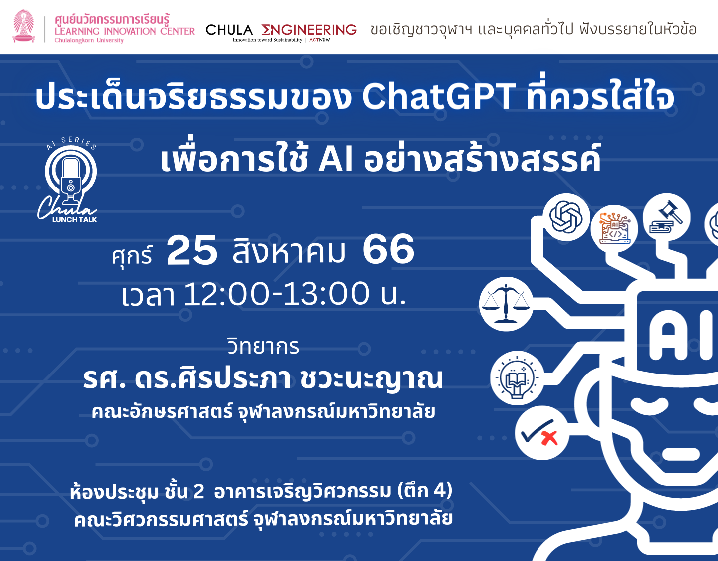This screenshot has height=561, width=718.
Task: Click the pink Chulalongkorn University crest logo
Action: point(23,26)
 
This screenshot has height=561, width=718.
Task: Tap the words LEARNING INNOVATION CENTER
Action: point(125,31)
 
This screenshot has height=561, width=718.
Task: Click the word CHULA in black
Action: point(229,30)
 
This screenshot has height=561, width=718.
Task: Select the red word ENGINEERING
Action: point(309,30)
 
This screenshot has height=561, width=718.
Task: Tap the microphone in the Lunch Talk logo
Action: point(71,180)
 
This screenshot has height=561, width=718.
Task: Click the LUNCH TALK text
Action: point(75,220)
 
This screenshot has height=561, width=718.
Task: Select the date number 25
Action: point(192,250)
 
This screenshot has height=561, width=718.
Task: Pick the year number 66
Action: point(388,249)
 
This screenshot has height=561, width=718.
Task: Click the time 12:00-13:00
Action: point(276,293)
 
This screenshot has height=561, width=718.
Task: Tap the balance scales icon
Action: point(506,304)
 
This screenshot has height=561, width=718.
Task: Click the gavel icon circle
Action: point(667,217)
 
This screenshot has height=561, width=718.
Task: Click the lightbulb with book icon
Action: point(518,378)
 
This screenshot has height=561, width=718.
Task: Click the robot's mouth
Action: point(681,455)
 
